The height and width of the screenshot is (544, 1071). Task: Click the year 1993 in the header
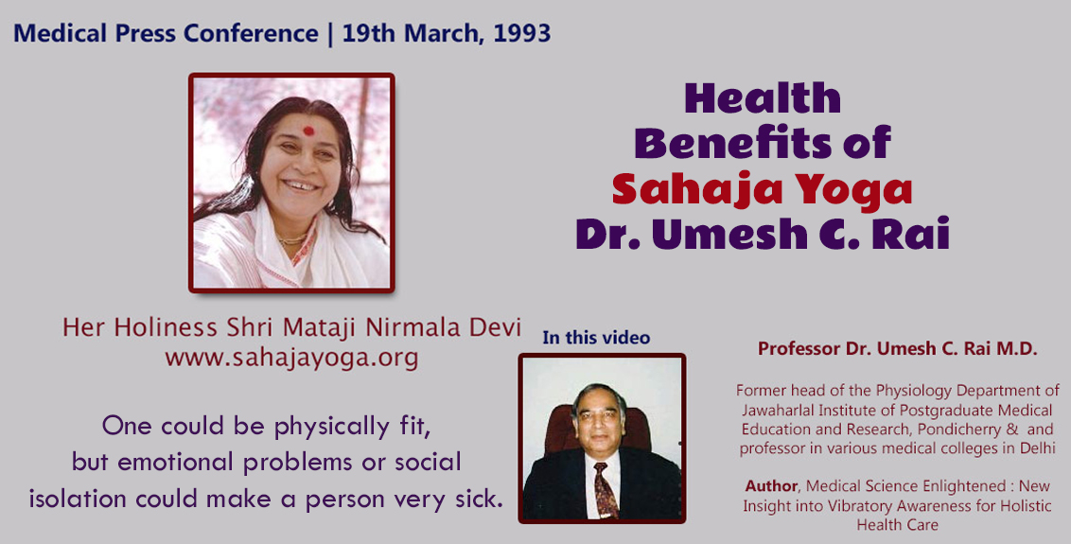coord(522,33)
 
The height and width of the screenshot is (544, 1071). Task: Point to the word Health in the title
coord(763,98)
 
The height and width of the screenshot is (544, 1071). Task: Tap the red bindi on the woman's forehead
coord(308,131)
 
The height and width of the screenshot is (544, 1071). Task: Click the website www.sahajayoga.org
coord(291,357)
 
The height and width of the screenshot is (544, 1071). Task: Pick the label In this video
coord(596,338)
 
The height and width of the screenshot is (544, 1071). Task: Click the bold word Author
coord(771,486)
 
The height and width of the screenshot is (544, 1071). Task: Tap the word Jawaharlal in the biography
coord(777,410)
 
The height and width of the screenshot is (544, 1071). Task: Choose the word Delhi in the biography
coord(1035,448)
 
